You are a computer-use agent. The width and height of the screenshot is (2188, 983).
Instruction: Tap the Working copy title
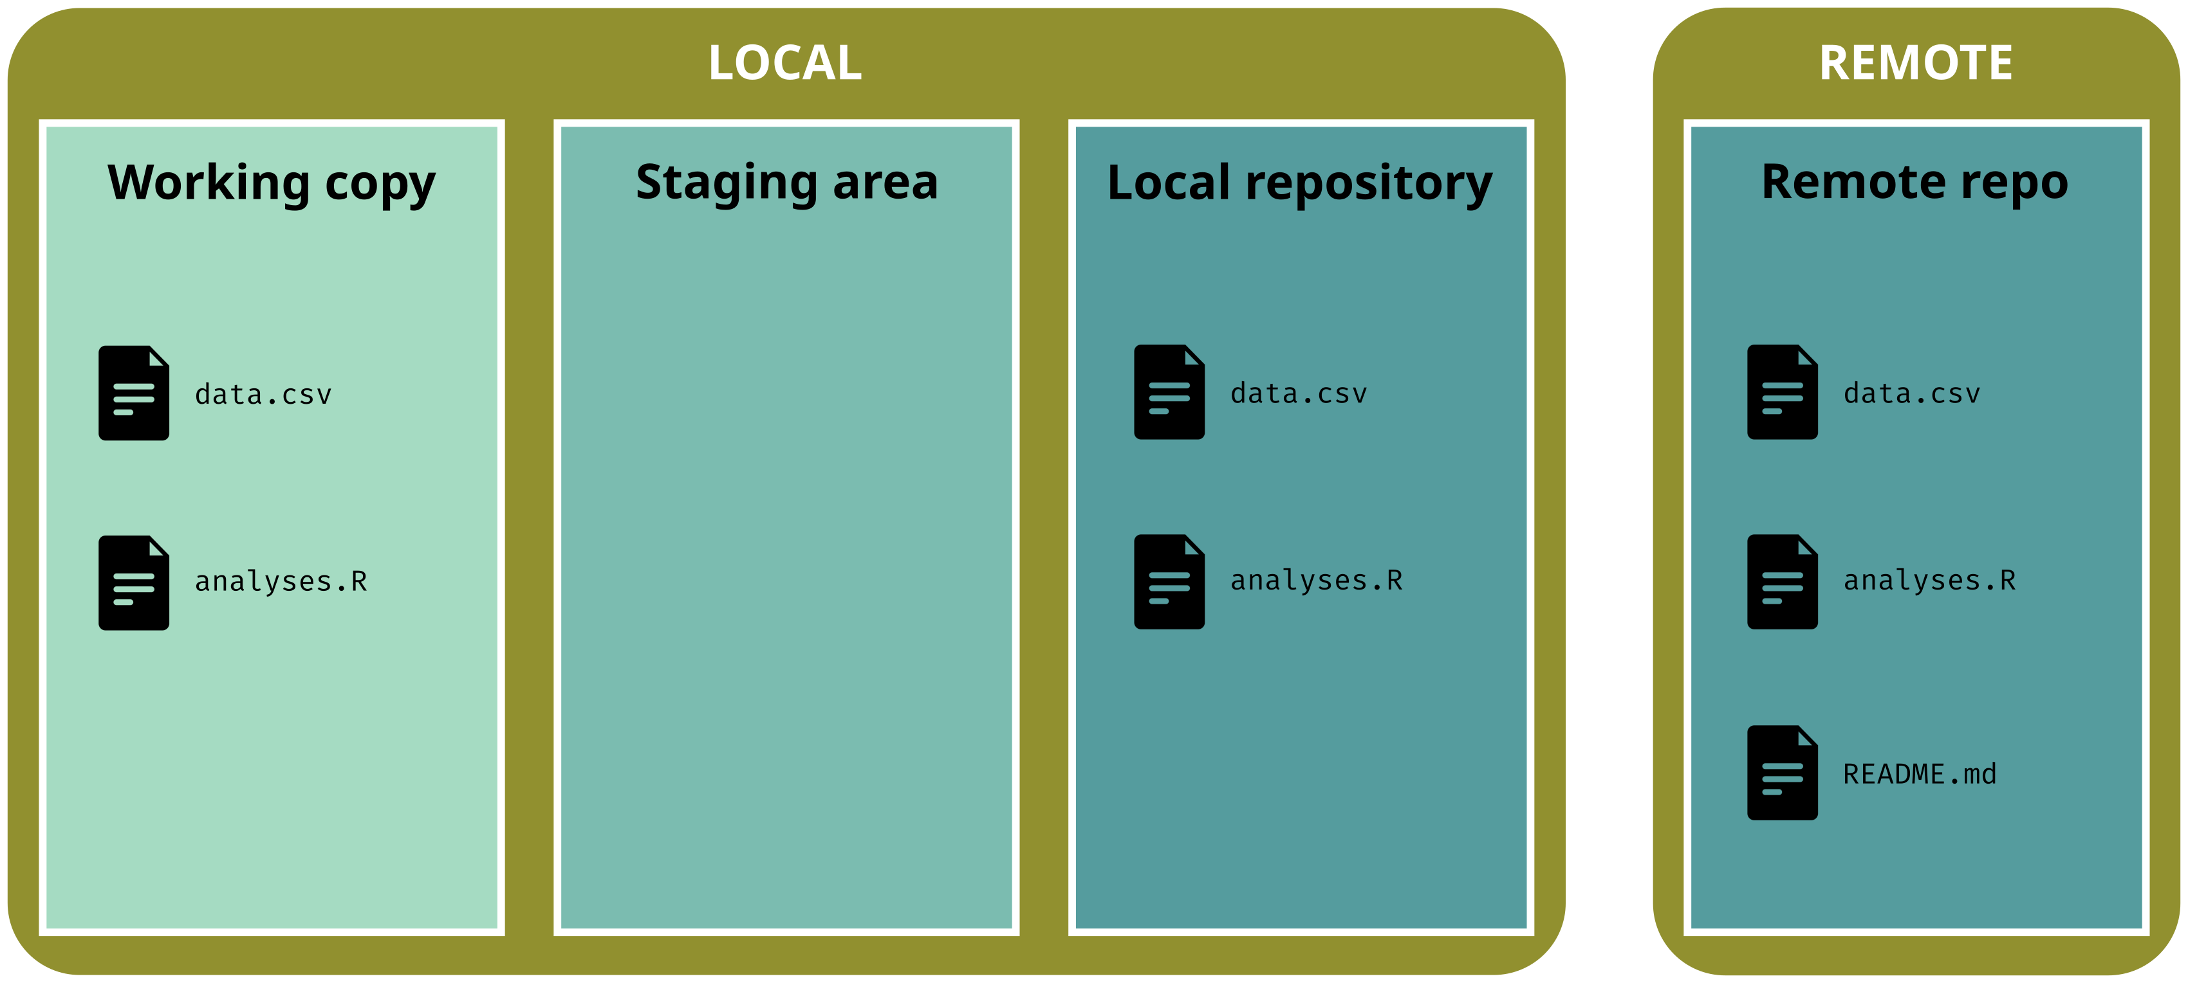pos(271,183)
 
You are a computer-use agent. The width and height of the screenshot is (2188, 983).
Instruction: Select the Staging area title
pos(786,183)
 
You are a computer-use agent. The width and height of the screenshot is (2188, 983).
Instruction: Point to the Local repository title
pos(1299,183)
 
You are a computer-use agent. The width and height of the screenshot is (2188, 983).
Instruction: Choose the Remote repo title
pos(1914,183)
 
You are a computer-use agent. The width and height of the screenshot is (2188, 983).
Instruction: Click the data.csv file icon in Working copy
pos(133,393)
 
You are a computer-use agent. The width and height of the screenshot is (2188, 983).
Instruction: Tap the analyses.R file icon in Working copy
pos(133,582)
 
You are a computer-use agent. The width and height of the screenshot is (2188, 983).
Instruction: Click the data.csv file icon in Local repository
pos(1169,392)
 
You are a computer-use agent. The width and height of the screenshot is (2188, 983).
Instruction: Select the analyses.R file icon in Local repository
pos(1169,581)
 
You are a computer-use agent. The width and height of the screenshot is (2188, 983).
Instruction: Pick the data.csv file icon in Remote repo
pos(1782,392)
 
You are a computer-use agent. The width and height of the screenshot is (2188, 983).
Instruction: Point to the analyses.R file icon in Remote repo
pos(1782,581)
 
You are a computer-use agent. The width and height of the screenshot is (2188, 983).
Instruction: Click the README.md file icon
pos(1782,773)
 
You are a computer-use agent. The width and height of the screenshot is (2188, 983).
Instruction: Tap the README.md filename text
pos(1920,774)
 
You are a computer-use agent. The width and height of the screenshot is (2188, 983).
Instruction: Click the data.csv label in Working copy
pos(263,395)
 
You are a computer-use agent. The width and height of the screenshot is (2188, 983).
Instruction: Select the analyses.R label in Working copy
pos(281,581)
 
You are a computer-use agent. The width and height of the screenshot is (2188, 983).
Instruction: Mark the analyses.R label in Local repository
pos(1317,581)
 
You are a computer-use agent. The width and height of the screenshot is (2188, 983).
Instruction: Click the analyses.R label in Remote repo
pos(1930,581)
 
